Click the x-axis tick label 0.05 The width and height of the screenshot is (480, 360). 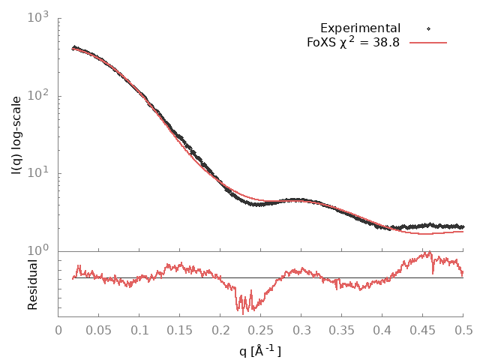tap(99, 329)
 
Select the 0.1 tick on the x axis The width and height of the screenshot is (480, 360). tap(139, 329)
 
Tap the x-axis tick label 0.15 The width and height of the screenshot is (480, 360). tap(180, 329)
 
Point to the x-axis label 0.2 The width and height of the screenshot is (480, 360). tap(220, 329)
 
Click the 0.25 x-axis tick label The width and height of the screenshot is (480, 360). tap(261, 329)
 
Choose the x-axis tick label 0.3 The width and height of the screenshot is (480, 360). tap(301, 329)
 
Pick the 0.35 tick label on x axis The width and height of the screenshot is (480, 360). tap(342, 329)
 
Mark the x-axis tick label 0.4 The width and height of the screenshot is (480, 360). tap(382, 329)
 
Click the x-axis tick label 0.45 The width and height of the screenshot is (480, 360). tap(423, 329)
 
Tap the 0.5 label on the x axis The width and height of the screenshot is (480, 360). tap(463, 329)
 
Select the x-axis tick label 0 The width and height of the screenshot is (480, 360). tap(59, 329)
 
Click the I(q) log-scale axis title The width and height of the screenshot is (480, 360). tap(16, 133)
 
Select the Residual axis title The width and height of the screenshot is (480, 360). tap(32, 284)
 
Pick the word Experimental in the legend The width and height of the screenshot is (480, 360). tap(360, 28)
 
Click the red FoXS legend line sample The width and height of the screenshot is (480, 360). tap(428, 42)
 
